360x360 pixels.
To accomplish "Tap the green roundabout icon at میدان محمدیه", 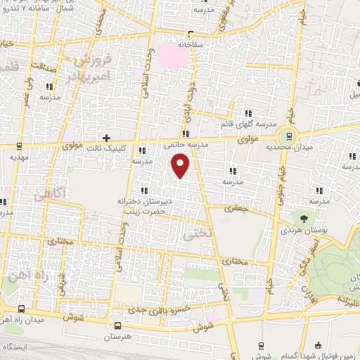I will pos(286,136).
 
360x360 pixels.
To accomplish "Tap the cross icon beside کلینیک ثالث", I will pos(106,138).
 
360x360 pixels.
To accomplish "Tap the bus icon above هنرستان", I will pos(117,326).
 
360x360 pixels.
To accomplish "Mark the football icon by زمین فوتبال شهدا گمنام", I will pos(319,346).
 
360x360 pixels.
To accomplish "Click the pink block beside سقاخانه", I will pos(172,55).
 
